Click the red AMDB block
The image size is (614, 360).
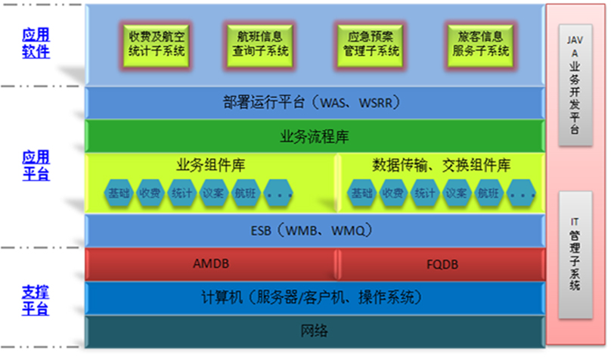coord(210,265)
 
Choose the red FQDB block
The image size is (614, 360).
coord(440,265)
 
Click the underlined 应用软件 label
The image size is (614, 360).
coord(36,43)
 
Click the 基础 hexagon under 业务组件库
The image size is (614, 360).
coord(119,194)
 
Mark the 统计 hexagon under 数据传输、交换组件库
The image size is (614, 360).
coord(424,194)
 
